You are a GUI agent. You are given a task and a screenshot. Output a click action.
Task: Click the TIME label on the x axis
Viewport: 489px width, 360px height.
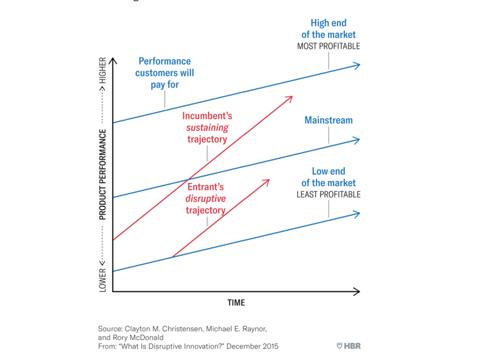[236, 303]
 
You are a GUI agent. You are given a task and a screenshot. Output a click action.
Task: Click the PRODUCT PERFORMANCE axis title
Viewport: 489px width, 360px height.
[102, 174]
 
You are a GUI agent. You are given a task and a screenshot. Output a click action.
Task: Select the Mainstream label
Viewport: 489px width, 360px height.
[329, 120]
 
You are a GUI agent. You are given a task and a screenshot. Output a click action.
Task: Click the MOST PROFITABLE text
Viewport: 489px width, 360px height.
[329, 46]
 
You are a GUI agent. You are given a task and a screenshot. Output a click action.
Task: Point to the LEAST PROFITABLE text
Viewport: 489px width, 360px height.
[329, 194]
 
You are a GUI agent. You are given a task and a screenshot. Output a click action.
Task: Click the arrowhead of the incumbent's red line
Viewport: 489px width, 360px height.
[289, 98]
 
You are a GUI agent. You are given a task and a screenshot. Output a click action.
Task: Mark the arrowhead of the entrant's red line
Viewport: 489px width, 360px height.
[266, 182]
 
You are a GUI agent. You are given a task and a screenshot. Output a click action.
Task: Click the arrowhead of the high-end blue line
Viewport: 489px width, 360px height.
[357, 65]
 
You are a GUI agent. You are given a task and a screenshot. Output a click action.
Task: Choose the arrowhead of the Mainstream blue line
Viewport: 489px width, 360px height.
[357, 139]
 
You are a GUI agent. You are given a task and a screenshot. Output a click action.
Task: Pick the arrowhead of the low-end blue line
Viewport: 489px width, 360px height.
[357, 213]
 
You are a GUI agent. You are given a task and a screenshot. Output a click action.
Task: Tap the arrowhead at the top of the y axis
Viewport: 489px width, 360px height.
[113, 61]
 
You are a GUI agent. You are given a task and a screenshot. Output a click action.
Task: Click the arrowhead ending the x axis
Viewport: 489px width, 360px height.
[357, 291]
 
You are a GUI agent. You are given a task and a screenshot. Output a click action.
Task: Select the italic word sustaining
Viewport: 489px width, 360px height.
[207, 127]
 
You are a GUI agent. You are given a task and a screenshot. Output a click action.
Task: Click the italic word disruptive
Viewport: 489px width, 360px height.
[206, 199]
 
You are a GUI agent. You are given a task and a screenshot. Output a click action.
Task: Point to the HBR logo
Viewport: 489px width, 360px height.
[349, 346]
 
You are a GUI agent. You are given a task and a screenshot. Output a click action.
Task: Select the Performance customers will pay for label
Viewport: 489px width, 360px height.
[165, 73]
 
